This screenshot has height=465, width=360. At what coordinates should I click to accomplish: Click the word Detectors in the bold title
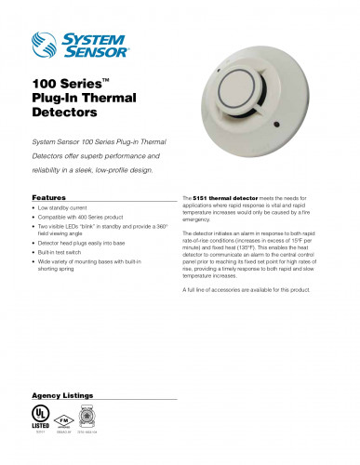64,113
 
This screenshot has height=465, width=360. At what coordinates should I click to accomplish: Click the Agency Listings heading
62,394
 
